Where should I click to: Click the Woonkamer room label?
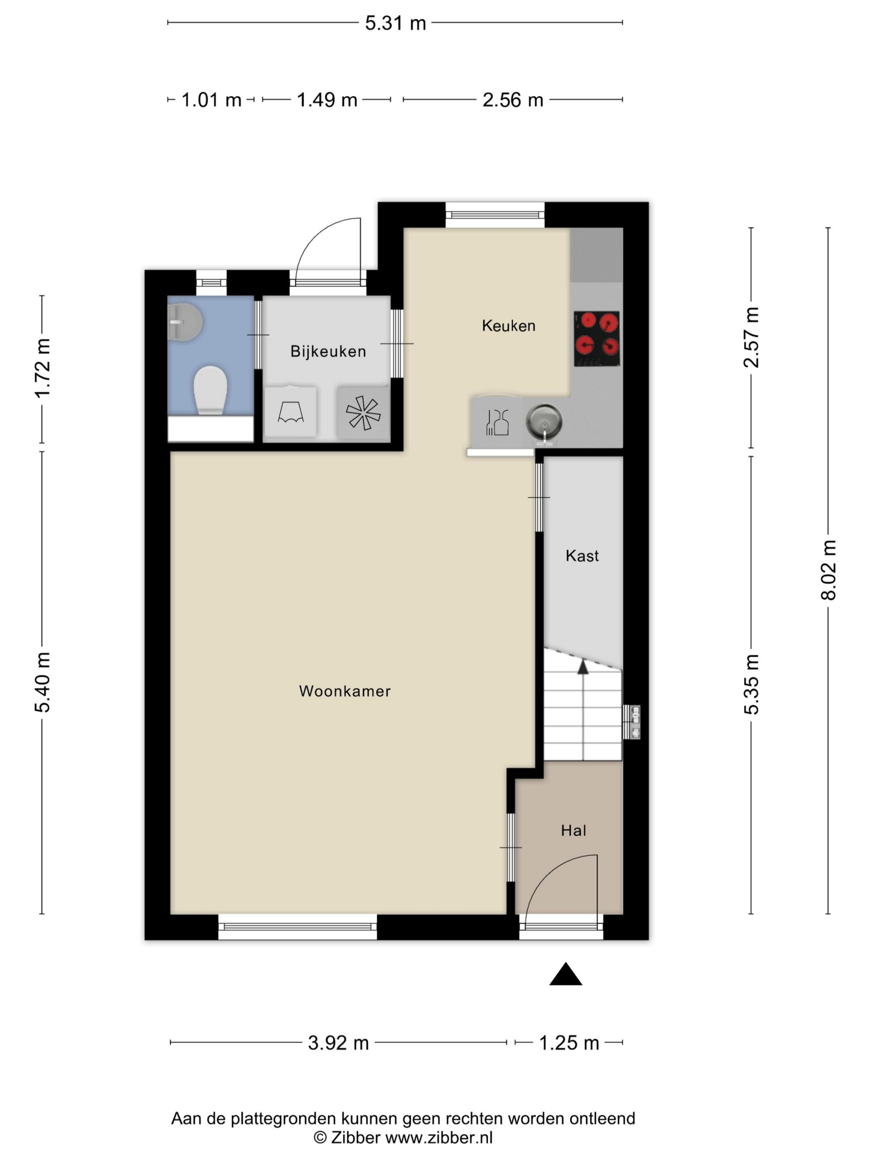[x=344, y=691]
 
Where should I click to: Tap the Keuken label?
[x=508, y=326]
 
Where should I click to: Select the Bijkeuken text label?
[x=328, y=351]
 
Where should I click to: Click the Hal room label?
[x=573, y=830]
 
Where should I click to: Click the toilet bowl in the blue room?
[x=210, y=390]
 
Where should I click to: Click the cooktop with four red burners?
[x=597, y=339]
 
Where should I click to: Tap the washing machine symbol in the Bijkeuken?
[x=290, y=412]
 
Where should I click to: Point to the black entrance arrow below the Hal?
[x=565, y=973]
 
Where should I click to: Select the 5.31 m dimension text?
[x=396, y=24]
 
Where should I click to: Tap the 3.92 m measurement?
[x=338, y=1043]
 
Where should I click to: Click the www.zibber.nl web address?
[x=439, y=1138]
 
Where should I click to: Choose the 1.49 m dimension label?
[x=327, y=100]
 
